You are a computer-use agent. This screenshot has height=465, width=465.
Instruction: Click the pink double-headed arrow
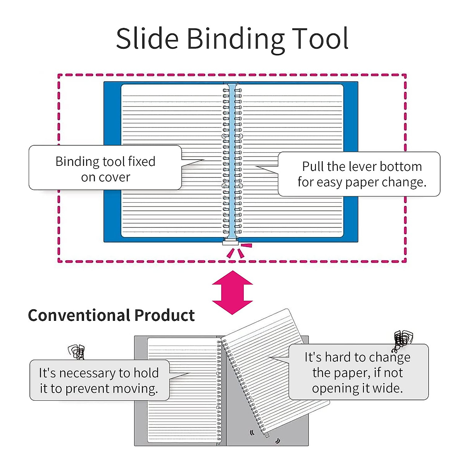[232, 292]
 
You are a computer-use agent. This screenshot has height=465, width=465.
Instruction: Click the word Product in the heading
[164, 315]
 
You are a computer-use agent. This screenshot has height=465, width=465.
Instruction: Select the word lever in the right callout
[373, 167]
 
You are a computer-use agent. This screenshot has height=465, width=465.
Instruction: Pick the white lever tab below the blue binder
[231, 243]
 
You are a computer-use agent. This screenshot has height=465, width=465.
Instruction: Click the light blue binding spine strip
[232, 163]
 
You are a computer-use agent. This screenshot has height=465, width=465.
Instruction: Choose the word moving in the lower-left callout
[138, 389]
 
